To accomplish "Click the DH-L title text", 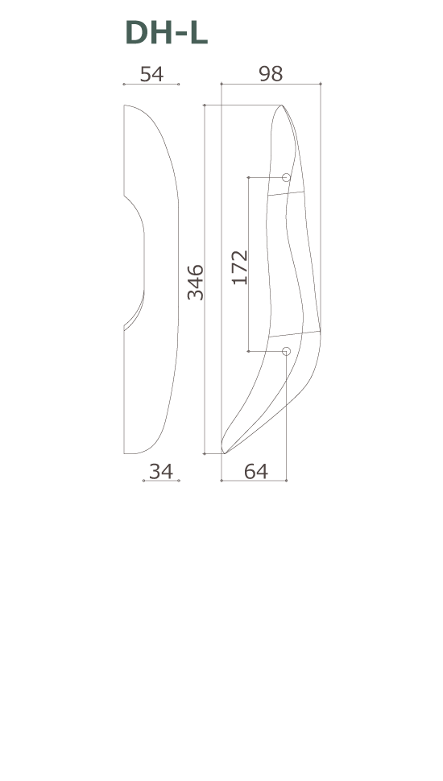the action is (166, 33).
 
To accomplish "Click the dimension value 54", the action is (151, 74).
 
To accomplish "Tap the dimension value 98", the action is (271, 74).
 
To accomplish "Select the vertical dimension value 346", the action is (196, 283).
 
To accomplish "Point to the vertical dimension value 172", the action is (240, 267).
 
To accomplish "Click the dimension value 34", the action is (161, 471).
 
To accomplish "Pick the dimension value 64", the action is (256, 471).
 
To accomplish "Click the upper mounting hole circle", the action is (286, 177).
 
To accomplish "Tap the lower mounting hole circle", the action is (286, 351).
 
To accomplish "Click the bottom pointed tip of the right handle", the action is (224, 453).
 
